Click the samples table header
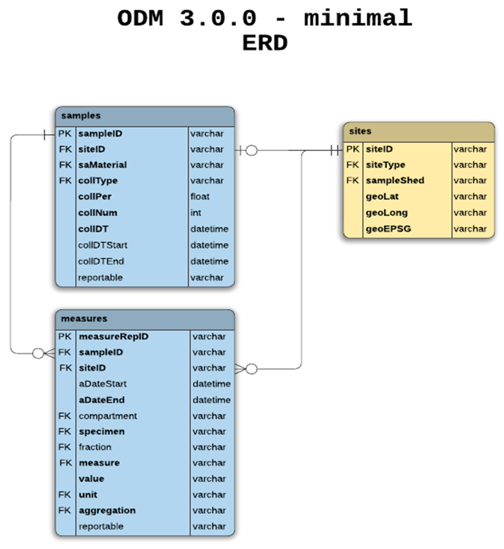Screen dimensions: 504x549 [x=145, y=116]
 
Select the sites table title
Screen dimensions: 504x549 [x=360, y=131]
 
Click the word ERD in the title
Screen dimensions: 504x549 [x=265, y=43]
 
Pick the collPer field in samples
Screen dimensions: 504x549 [x=95, y=197]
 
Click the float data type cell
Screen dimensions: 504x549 [x=200, y=197]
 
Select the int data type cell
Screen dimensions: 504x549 [x=196, y=213]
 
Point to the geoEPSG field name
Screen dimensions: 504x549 [x=388, y=229]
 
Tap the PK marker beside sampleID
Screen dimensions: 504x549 [x=65, y=134]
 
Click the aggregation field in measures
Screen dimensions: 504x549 [x=107, y=511]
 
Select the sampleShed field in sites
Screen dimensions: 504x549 [x=395, y=181]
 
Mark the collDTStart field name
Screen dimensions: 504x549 [x=103, y=245]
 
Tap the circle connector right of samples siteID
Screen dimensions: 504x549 [x=251, y=150]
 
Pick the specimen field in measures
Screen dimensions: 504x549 [x=102, y=432]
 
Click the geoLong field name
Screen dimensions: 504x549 [x=387, y=213]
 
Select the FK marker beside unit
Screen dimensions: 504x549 [x=65, y=495]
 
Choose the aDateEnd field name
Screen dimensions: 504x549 [x=102, y=400]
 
